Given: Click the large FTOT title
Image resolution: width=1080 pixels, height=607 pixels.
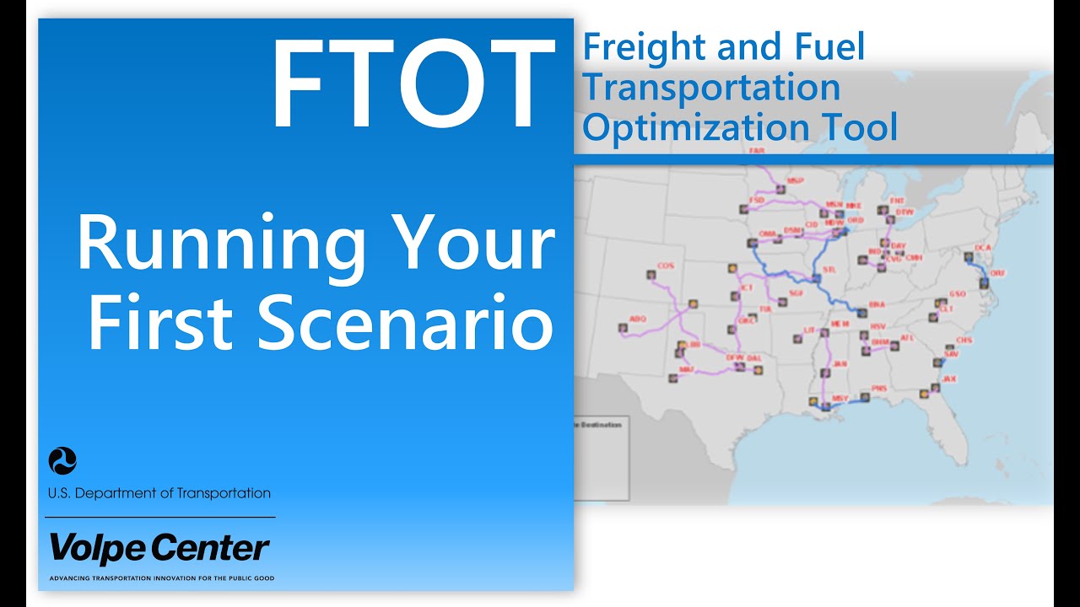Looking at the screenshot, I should tap(409, 84).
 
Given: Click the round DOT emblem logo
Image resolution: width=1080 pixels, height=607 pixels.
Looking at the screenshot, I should tap(63, 461).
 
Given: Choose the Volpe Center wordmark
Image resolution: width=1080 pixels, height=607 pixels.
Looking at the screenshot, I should tap(159, 548).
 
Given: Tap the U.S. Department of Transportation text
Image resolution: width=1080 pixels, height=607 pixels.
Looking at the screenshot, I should tap(159, 493).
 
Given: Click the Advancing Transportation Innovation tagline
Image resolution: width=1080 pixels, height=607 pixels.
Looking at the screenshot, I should tap(162, 578).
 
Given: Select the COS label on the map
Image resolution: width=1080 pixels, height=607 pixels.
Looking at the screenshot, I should tap(666, 265).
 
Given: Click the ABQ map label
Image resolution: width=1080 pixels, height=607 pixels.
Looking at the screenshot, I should tap(638, 320).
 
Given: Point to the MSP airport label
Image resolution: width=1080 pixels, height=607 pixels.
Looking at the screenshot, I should tap(795, 180).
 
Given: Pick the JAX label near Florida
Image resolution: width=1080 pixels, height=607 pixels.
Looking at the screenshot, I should tap(950, 379).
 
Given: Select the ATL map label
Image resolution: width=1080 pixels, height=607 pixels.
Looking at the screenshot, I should tap(907, 337).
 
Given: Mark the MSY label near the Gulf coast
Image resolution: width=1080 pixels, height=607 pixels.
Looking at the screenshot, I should tap(840, 398).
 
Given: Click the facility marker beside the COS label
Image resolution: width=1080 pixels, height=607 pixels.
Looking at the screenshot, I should tap(651, 275).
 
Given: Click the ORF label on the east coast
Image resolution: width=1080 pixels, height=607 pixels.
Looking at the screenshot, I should tap(998, 273).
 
